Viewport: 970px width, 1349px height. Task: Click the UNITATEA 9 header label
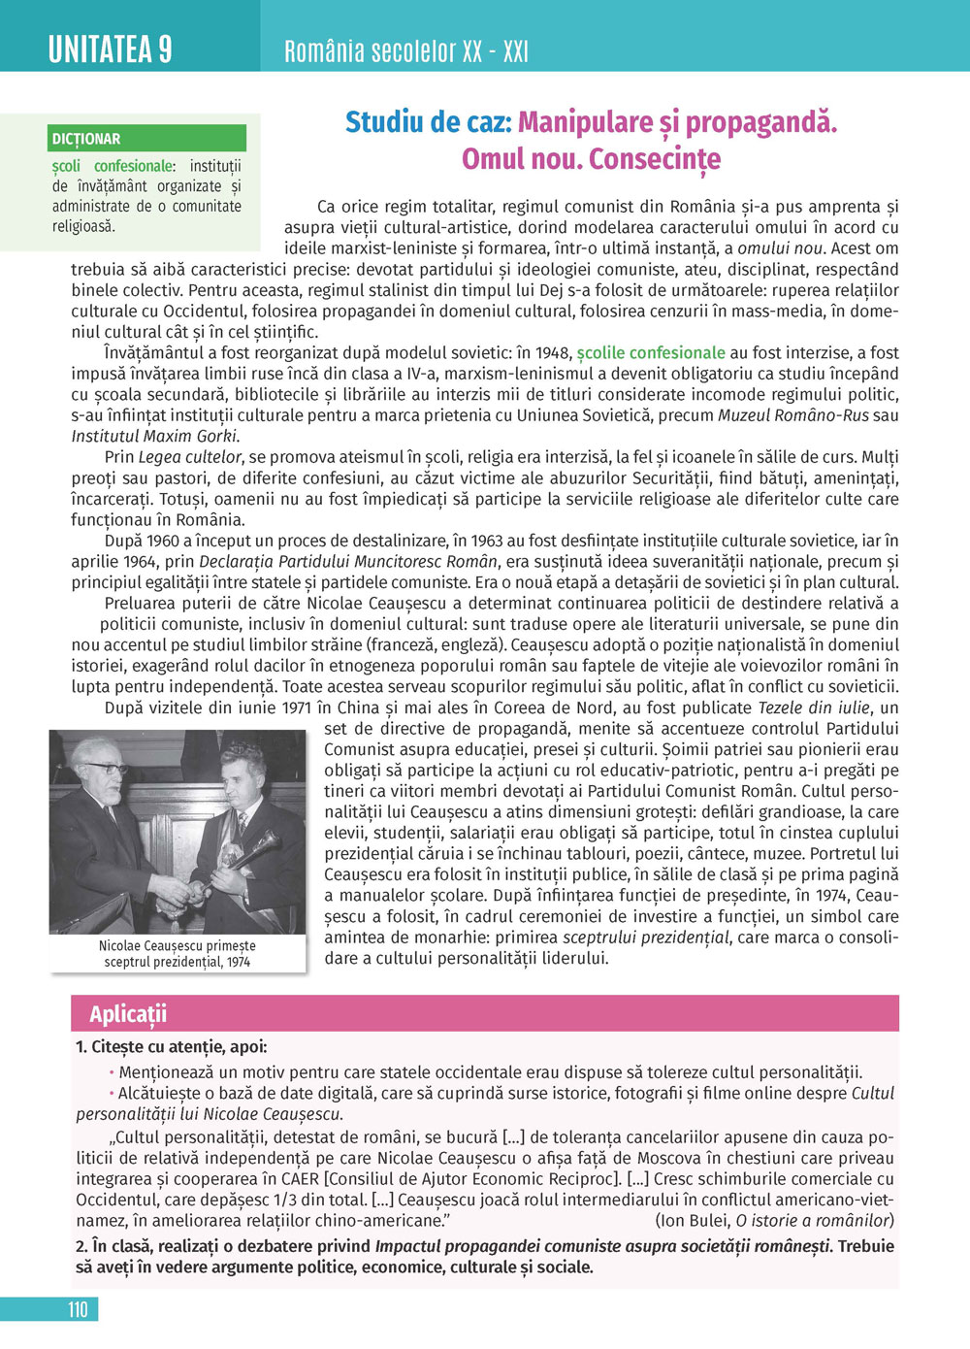point(110,48)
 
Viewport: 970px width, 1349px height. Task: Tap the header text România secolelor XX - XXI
point(405,51)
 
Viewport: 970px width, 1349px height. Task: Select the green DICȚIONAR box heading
point(87,139)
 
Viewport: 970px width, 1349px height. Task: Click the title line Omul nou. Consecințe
point(591,158)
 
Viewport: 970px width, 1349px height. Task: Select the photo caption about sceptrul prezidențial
point(178,953)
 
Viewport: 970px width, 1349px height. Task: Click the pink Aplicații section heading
point(128,1014)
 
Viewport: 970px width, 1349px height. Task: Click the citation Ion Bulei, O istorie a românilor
point(774,1221)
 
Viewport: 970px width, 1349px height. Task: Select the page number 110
point(78,1309)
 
